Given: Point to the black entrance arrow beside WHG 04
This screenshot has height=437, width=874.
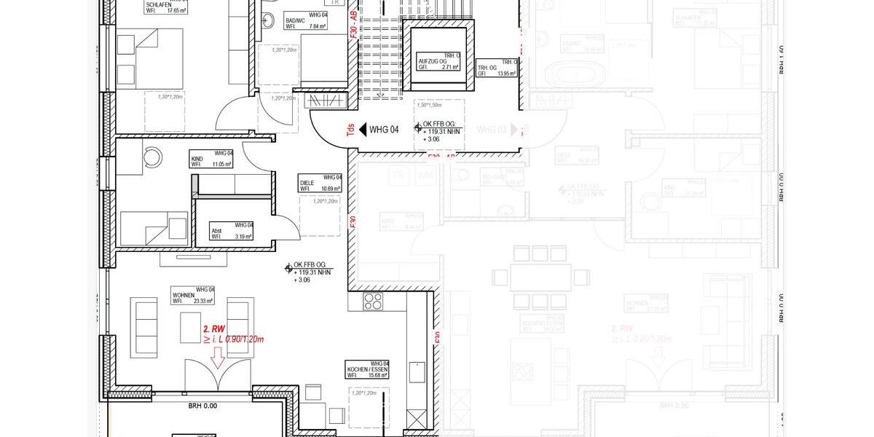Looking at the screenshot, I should (x=362, y=130).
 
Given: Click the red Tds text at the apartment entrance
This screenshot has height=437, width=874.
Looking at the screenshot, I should (x=350, y=130).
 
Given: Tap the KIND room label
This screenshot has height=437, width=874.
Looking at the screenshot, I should (x=197, y=158).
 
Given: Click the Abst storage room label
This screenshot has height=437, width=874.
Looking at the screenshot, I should (x=216, y=230).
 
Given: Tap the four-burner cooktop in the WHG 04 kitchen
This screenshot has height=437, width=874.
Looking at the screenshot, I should (x=373, y=301).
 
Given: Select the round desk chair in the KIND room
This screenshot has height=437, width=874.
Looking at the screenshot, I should (x=154, y=155).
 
